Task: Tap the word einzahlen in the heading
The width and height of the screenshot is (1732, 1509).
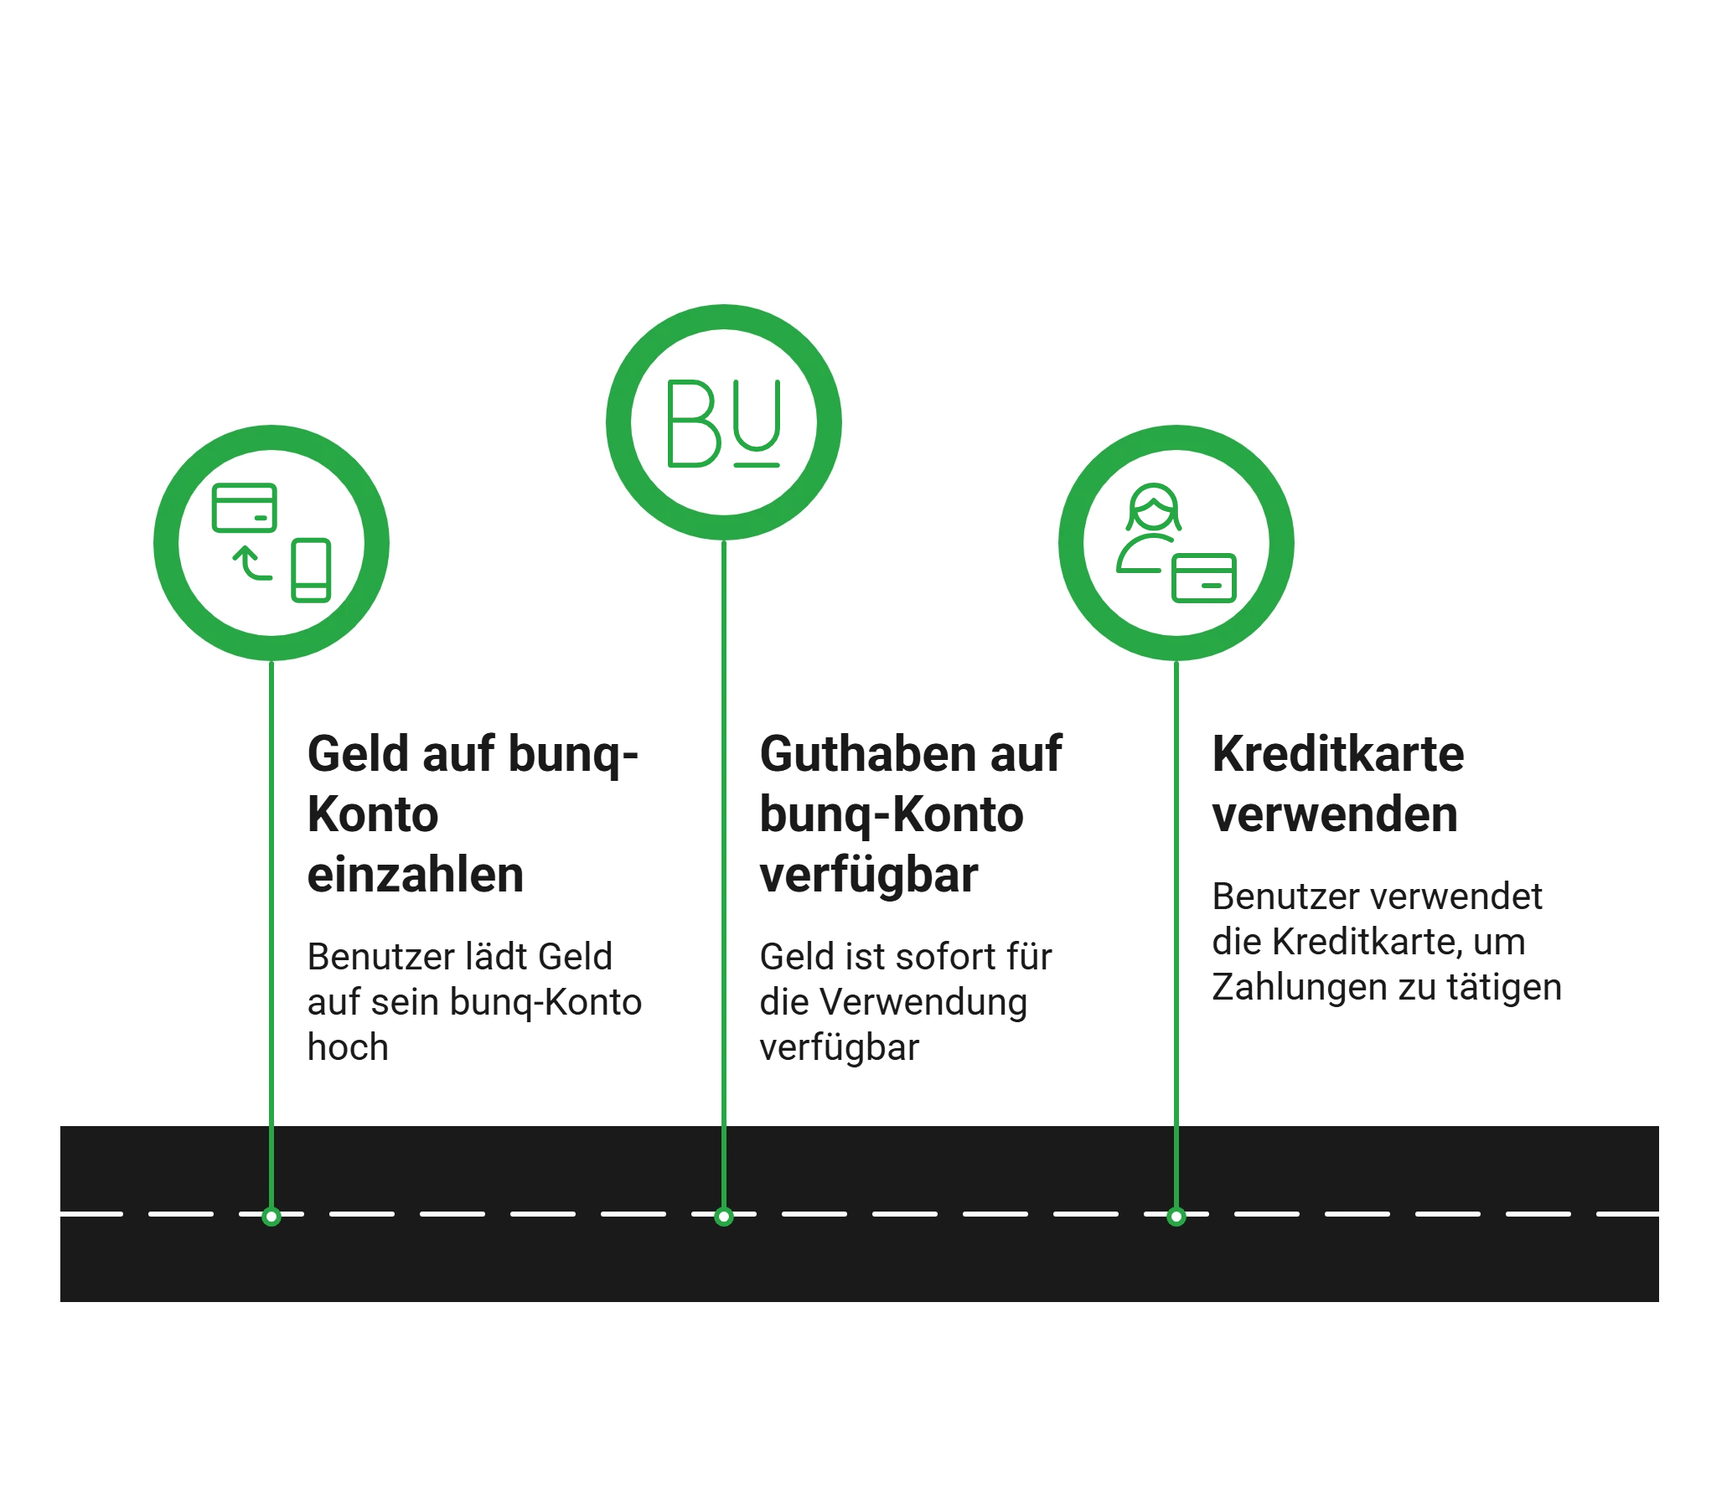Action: [x=416, y=875]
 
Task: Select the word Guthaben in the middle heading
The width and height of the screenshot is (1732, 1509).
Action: [x=868, y=753]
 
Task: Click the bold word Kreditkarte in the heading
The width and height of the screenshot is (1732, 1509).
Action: [x=1338, y=753]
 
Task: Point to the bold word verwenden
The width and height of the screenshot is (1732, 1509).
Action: [x=1336, y=814]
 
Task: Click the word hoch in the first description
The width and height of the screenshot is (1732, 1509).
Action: [x=348, y=1047]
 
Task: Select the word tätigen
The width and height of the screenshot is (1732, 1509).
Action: [x=1505, y=988]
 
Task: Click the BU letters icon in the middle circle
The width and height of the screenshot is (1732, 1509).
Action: [x=724, y=423]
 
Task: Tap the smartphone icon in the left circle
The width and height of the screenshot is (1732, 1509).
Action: [x=311, y=570]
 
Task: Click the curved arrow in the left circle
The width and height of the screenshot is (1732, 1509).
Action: [x=252, y=562]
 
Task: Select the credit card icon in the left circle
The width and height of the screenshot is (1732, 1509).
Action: [x=244, y=508]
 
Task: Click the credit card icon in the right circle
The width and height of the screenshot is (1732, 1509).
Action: [x=1204, y=577]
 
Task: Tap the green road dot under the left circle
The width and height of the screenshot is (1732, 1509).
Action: [x=271, y=1217]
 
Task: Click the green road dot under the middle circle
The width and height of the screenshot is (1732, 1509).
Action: [x=724, y=1217]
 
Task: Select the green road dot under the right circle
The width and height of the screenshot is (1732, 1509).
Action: [x=1176, y=1217]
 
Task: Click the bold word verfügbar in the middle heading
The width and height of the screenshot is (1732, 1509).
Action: [x=869, y=875]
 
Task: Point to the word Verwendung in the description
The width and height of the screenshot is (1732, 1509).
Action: [x=923, y=1002]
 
